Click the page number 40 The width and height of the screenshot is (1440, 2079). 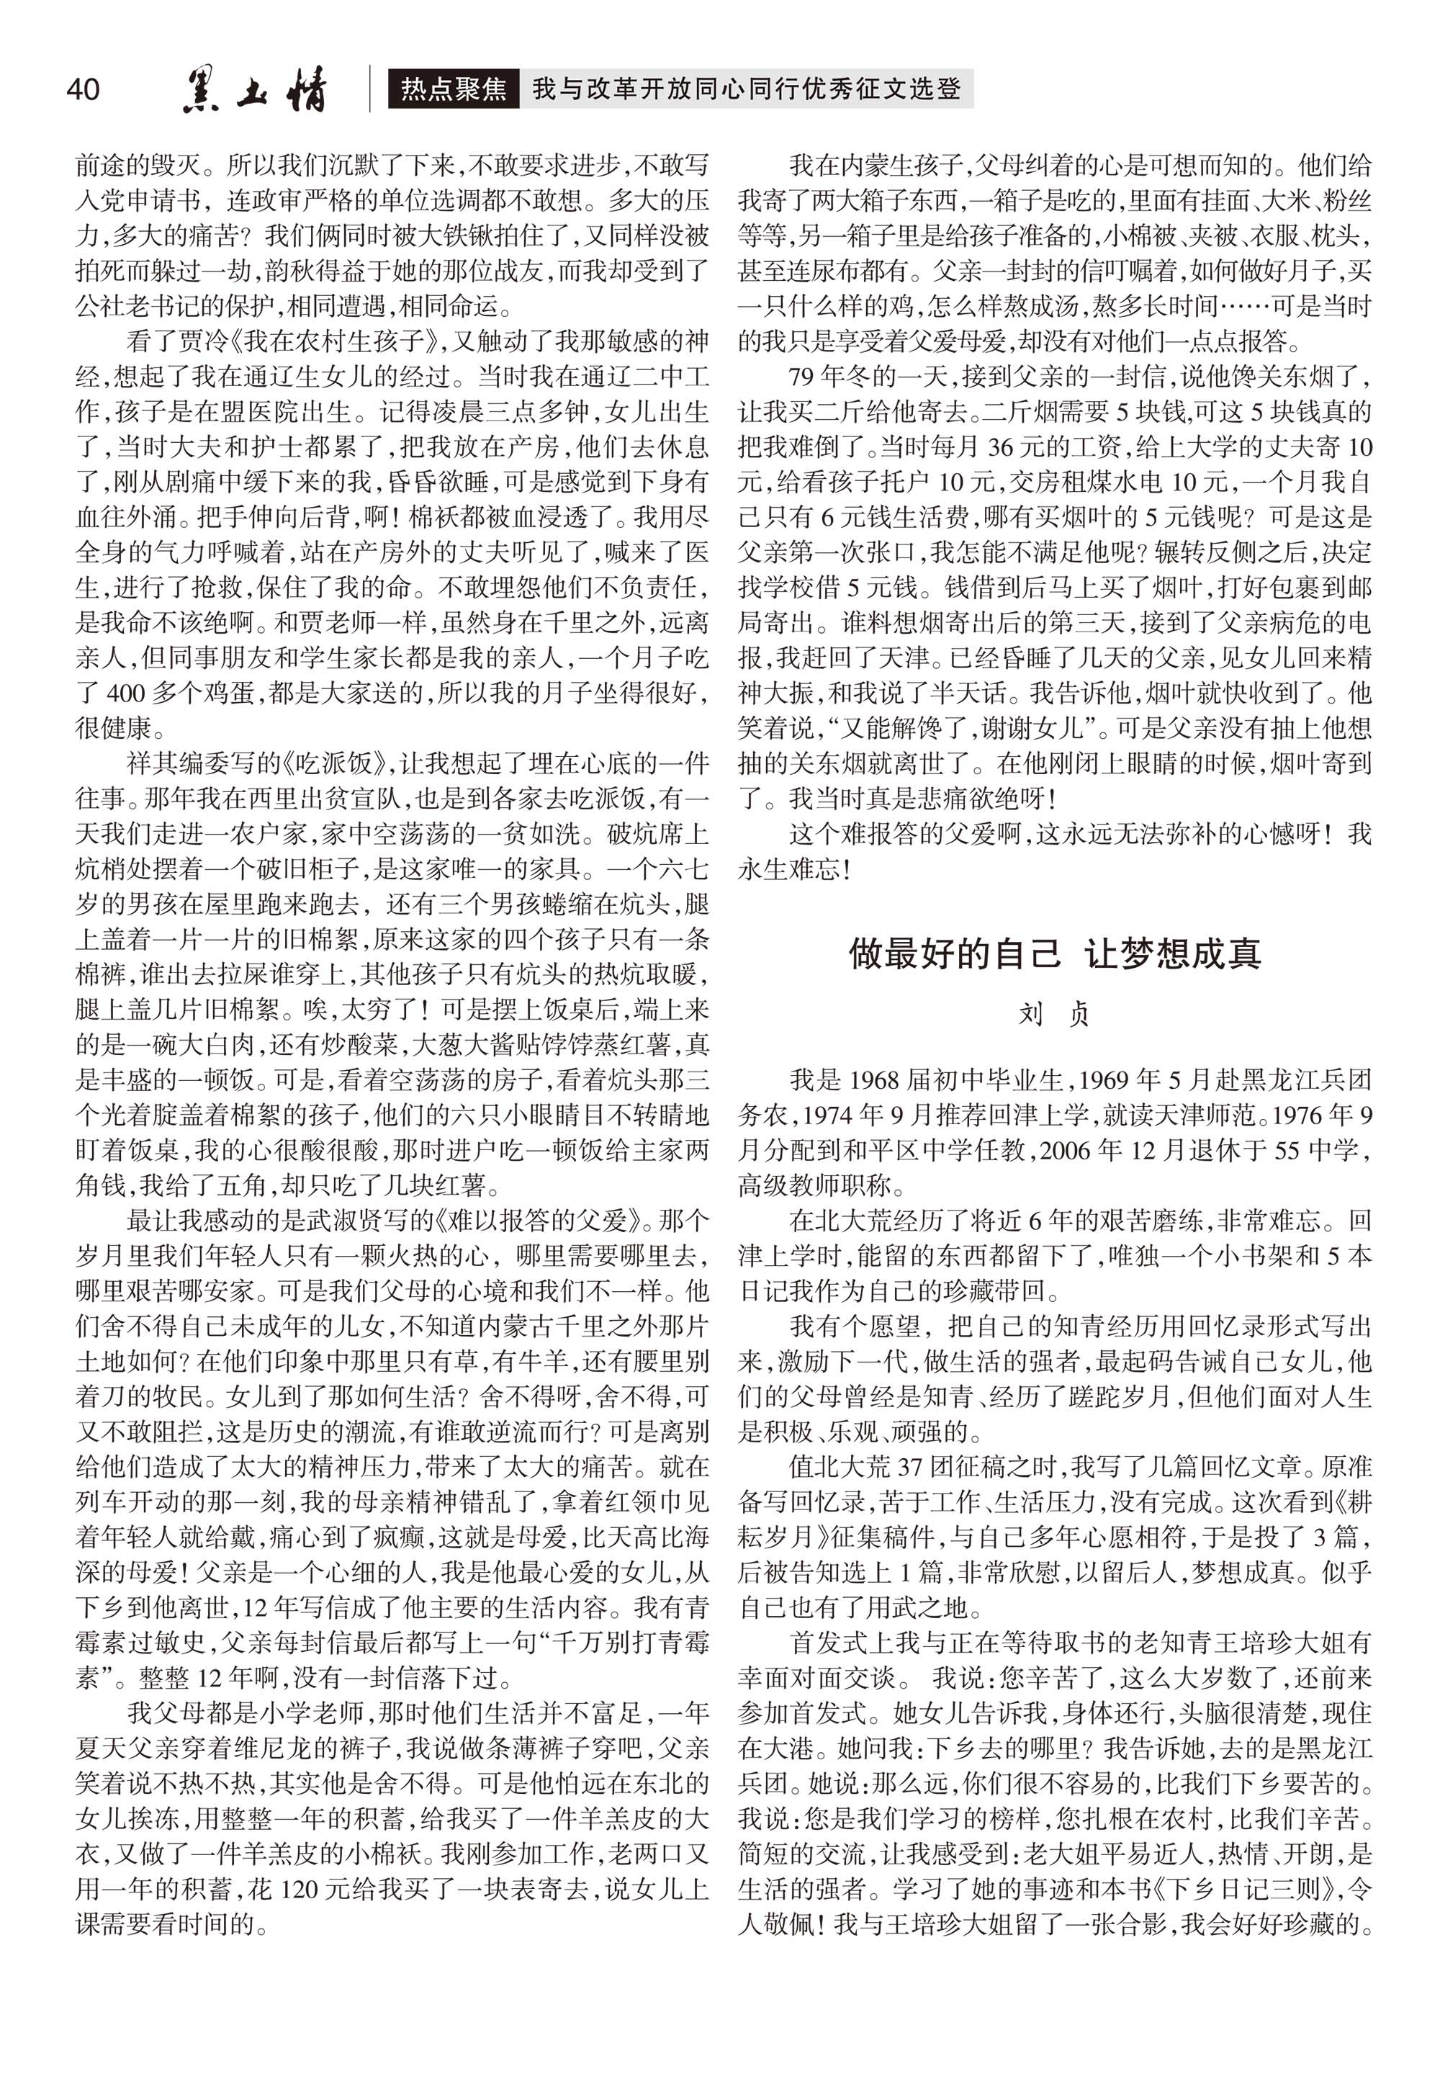tap(83, 89)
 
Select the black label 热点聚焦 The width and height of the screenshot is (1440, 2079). tap(454, 89)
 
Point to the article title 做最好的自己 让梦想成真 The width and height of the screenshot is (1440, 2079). tap(1054, 953)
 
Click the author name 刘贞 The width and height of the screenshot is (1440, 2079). tap(1054, 1014)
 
